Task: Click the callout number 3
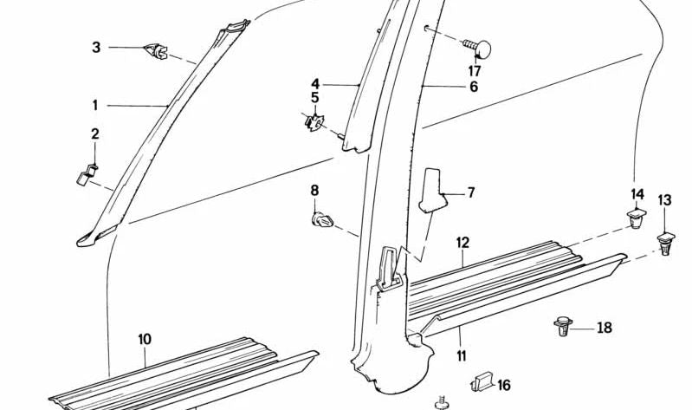click(x=96, y=47)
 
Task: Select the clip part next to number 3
click(x=156, y=51)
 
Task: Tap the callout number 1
click(x=95, y=106)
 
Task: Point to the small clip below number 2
click(x=87, y=174)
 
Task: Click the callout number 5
click(x=314, y=98)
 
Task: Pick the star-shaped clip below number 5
click(x=314, y=122)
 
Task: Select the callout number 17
click(x=475, y=71)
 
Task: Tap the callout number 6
click(x=474, y=87)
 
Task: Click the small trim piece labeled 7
click(x=431, y=190)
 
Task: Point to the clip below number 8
click(x=322, y=219)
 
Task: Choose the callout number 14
click(x=637, y=194)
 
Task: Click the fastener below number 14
click(x=636, y=218)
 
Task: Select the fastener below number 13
click(x=666, y=244)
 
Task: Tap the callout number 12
click(x=463, y=243)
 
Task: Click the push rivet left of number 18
click(x=563, y=326)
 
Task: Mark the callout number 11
click(x=462, y=356)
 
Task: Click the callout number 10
click(x=145, y=339)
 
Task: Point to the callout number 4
click(x=315, y=84)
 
